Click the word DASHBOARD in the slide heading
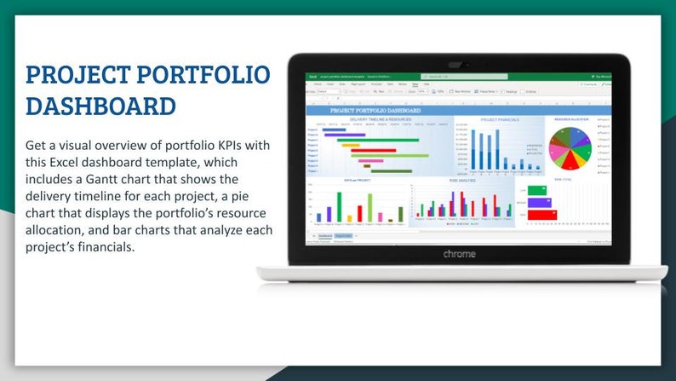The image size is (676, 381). [101, 107]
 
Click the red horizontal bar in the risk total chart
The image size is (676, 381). [541, 215]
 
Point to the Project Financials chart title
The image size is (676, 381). [499, 119]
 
